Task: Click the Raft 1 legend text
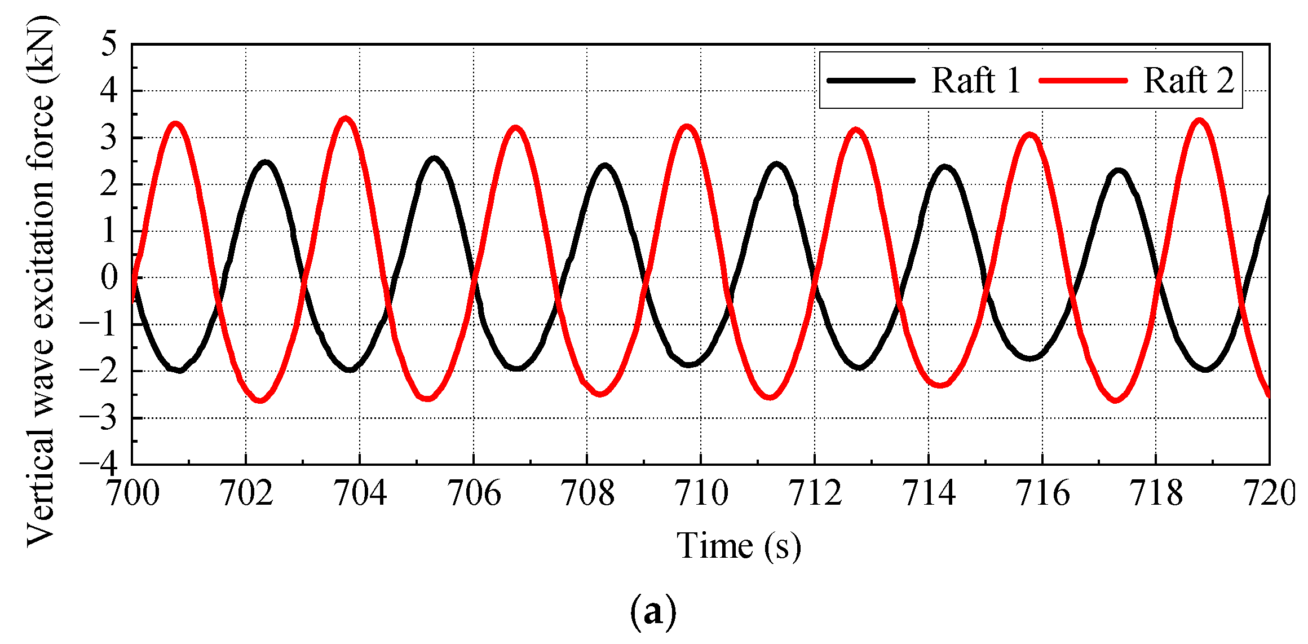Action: pos(976,81)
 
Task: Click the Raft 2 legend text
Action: pos(1188,81)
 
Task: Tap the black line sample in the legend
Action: pos(871,81)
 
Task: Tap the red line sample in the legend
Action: pos(1083,81)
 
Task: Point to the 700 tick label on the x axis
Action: pos(133,493)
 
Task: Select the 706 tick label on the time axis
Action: pos(474,493)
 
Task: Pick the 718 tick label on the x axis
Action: pos(1156,493)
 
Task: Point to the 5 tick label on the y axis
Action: pos(109,44)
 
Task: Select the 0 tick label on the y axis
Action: pos(109,277)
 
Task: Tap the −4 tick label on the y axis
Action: pos(100,464)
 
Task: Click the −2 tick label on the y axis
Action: pos(100,371)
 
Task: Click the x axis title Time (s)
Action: pos(739,546)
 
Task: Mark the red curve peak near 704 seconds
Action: pos(346,120)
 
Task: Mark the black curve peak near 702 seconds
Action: pos(265,163)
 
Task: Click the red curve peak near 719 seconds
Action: pos(1199,121)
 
